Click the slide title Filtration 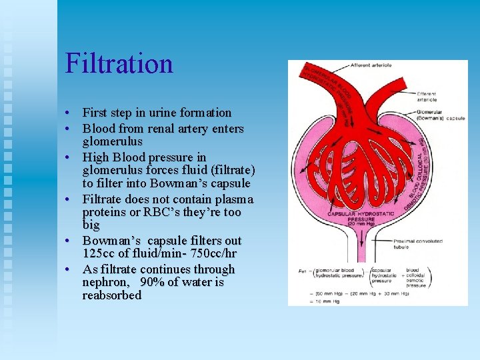[119, 64]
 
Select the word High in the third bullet [95, 157]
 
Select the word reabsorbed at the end [112, 295]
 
